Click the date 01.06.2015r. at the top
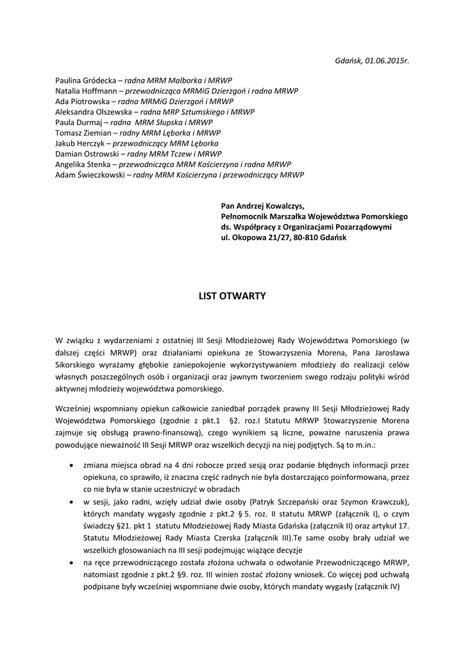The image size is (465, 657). (387, 60)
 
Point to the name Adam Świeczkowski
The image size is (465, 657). (90, 175)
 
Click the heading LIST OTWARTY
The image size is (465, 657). (232, 296)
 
